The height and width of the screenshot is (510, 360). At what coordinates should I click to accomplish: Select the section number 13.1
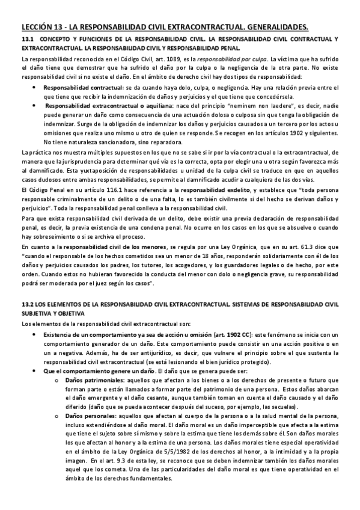(x=28, y=39)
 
